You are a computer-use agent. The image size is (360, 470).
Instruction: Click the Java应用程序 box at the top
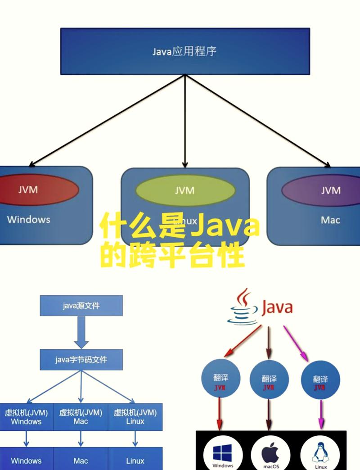[x=185, y=51]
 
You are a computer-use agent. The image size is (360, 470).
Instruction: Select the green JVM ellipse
[x=185, y=190]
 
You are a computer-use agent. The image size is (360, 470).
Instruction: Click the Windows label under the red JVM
[x=28, y=220]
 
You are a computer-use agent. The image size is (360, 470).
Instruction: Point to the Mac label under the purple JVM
[x=330, y=220]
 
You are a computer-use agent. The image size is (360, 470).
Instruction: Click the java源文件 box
[x=81, y=306]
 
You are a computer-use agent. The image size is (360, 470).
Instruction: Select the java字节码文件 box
[x=81, y=360]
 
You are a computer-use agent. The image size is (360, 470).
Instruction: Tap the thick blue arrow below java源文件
[x=81, y=332]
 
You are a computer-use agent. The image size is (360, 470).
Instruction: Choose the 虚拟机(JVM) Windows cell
[x=26, y=417]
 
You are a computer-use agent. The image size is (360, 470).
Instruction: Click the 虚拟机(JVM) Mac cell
[x=81, y=417]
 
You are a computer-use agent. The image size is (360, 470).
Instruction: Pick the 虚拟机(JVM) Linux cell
[x=135, y=417]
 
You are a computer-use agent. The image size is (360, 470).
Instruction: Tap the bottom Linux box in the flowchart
[x=135, y=461]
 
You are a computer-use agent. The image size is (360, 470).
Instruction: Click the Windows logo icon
[x=223, y=452]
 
